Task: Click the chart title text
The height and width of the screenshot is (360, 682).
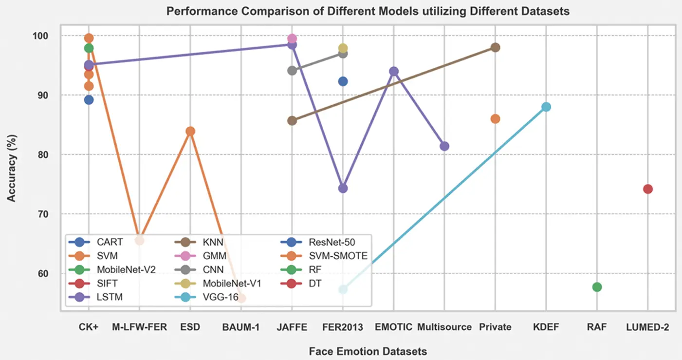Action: (x=368, y=11)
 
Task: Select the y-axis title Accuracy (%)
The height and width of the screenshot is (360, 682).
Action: (x=11, y=168)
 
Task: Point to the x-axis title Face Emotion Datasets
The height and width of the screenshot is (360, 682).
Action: (x=368, y=351)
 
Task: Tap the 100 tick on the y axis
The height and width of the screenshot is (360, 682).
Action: (x=40, y=36)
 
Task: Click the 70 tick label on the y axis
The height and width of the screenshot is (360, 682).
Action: (x=43, y=214)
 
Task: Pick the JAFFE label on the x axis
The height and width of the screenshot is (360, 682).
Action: (x=292, y=327)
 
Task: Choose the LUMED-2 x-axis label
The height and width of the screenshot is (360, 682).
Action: (x=647, y=327)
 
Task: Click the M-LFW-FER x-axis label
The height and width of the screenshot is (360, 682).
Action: (x=139, y=327)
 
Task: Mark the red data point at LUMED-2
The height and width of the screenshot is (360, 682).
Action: (x=648, y=189)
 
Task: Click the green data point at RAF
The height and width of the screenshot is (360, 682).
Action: (x=597, y=287)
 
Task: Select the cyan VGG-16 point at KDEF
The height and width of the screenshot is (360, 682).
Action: (x=546, y=107)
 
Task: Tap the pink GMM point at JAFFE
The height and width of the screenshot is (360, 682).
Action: (x=292, y=38)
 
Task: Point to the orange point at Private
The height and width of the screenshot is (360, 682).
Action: (x=496, y=119)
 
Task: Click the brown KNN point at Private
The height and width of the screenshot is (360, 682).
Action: (x=496, y=48)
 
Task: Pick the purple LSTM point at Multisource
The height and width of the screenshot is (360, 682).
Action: (x=444, y=146)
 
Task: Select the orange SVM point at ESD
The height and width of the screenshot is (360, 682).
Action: (x=190, y=131)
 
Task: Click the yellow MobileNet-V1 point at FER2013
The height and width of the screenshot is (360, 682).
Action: (x=343, y=48)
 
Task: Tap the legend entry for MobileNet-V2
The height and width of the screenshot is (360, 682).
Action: (x=112, y=269)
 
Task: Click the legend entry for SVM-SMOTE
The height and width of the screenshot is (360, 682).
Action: (x=324, y=256)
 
